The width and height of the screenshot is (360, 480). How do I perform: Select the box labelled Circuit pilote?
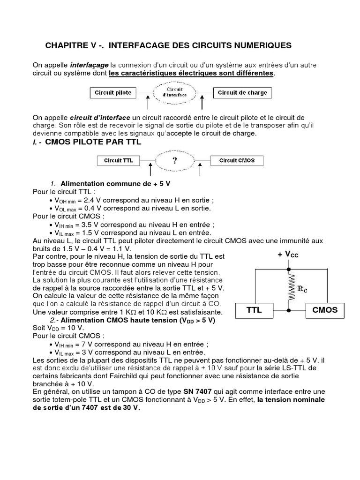coord(113,93)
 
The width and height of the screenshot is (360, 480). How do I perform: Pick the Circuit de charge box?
coord(242,93)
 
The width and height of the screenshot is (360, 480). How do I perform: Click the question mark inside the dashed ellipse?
coord(174,160)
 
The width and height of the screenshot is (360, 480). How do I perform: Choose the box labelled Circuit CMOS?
coord(237,160)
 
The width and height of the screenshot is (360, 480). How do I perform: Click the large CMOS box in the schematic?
coord(325,310)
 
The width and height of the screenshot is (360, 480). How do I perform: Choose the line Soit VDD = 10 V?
coord(54,328)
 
